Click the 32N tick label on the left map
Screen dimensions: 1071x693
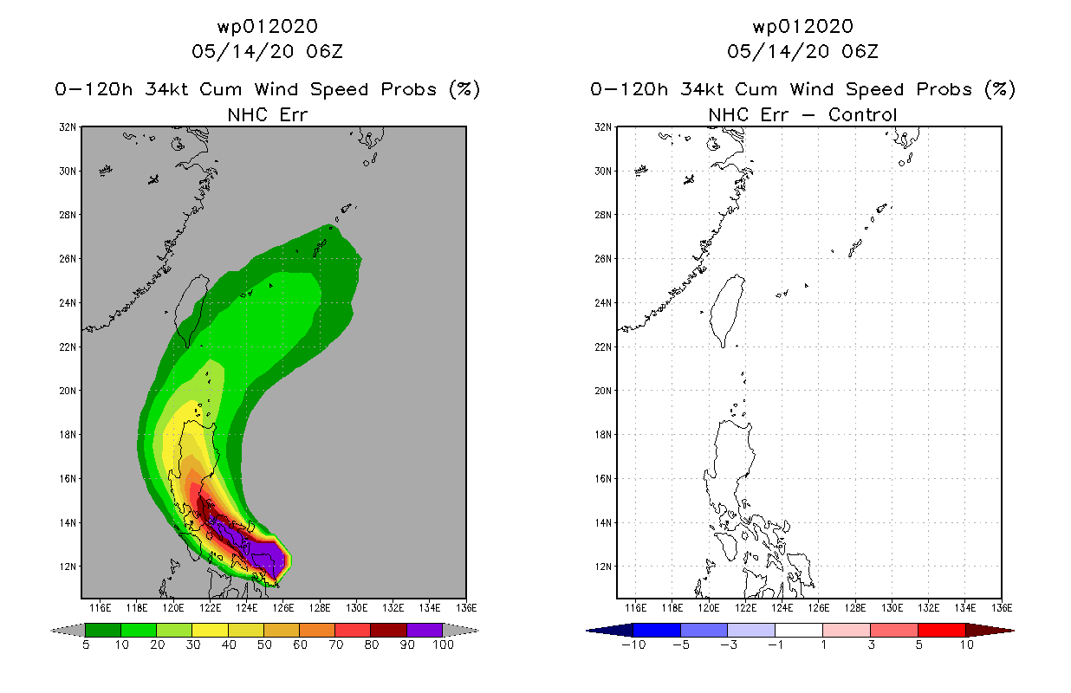tap(68, 127)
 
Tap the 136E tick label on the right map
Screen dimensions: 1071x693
tap(1002, 608)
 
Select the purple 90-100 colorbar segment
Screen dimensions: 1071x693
tap(425, 630)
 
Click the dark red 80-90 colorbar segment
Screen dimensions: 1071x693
tap(389, 630)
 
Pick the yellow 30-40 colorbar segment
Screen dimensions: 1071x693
tap(210, 630)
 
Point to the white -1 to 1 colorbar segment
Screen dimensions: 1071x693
tap(799, 630)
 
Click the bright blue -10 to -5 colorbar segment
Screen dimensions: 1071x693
tap(657, 630)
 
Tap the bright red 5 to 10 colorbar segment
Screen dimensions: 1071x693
tap(942, 630)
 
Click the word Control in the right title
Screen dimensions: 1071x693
tap(862, 115)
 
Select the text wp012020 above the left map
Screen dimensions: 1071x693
tap(268, 27)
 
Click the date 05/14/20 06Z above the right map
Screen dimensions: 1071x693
tap(802, 52)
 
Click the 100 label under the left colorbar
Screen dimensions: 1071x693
tap(444, 644)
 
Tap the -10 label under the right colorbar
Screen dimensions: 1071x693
tap(633, 644)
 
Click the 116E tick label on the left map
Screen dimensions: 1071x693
tap(100, 608)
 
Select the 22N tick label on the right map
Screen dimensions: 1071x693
tap(603, 347)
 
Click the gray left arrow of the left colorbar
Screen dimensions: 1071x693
tap(68, 630)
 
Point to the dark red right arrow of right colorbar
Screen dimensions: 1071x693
tap(990, 630)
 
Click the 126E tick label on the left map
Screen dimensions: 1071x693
tap(283, 608)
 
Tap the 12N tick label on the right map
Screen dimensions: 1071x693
tap(603, 567)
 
